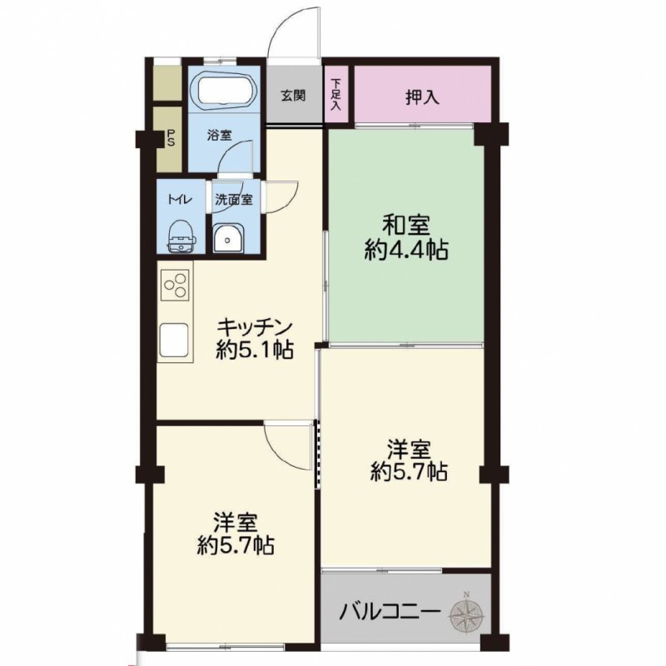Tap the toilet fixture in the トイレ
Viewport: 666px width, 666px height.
[x=182, y=237]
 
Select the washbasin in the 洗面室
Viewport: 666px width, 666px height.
[x=227, y=239]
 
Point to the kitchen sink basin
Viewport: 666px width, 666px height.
[x=174, y=340]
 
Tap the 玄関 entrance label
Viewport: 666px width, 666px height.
[x=293, y=96]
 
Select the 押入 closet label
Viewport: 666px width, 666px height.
[x=422, y=98]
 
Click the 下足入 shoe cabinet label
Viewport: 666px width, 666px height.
[x=336, y=94]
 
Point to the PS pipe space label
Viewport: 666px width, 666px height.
[x=171, y=138]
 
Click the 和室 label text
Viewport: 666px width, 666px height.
[x=406, y=226]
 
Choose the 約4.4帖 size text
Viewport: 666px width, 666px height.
[x=406, y=251]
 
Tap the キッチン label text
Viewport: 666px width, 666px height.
[x=255, y=327]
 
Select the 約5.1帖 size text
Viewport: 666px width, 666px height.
[x=254, y=351]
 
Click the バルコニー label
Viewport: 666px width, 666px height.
[x=389, y=613]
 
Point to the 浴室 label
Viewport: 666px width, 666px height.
[x=219, y=136]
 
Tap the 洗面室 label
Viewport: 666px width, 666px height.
[x=234, y=200]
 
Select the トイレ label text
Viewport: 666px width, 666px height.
[x=180, y=199]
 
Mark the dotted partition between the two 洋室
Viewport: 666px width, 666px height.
[x=317, y=454]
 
